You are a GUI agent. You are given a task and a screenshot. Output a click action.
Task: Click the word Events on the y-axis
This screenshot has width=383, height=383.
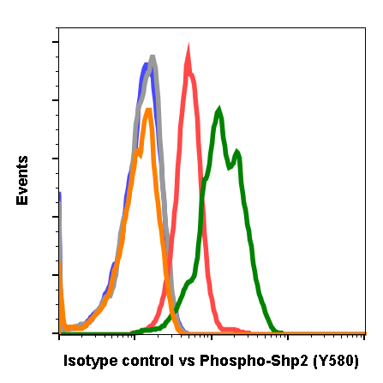(x=22, y=180)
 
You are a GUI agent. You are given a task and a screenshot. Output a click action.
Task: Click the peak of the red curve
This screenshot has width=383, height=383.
(x=188, y=47)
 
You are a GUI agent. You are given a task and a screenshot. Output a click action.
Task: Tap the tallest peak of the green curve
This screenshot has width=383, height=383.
(x=220, y=110)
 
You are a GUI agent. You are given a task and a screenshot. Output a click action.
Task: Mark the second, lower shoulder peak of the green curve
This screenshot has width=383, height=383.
(x=236, y=153)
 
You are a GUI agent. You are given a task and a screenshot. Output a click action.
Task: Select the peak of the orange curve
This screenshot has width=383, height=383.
(x=149, y=110)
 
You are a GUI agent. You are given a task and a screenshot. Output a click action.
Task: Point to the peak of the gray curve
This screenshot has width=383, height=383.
(x=153, y=58)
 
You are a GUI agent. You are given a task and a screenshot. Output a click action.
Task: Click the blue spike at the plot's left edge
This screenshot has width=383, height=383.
(x=60, y=195)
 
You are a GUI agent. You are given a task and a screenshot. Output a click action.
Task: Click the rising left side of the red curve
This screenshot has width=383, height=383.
(x=174, y=214)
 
